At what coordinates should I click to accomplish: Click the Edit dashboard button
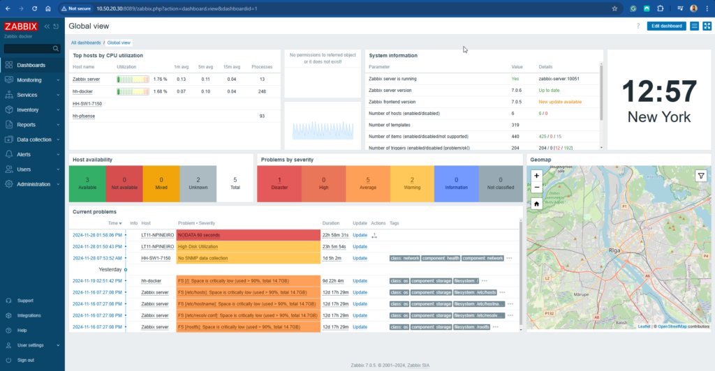point(666,26)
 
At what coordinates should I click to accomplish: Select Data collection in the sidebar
point(34,139)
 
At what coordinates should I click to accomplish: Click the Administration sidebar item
point(34,184)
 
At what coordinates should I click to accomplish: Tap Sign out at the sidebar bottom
point(26,360)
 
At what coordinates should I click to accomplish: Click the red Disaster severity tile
point(279,183)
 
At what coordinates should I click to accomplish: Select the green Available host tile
point(87,183)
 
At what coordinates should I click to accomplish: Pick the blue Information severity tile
point(456,183)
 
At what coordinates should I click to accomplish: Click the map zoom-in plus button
point(536,176)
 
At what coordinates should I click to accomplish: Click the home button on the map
point(536,204)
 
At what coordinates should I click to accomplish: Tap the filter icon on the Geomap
point(701,176)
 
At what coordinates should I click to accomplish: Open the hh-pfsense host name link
point(84,116)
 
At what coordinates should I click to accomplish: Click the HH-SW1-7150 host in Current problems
point(156,258)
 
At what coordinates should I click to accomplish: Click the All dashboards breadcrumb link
point(86,43)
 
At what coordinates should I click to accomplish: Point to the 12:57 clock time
point(659,92)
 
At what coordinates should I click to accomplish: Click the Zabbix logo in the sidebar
point(21,26)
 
